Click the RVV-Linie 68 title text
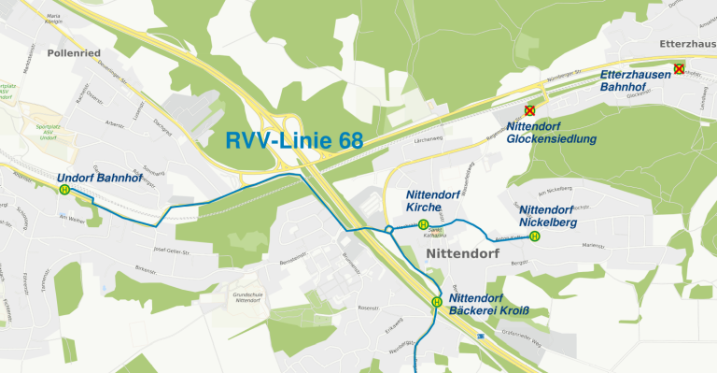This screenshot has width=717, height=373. pos(294,141)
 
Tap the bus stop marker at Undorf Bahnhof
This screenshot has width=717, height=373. pos(64,190)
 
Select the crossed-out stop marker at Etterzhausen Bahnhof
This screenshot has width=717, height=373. pos(679,68)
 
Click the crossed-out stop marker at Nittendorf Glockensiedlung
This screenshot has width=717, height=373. pos(529,110)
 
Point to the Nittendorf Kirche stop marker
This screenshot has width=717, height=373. pos(423,224)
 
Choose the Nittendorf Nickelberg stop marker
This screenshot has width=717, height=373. pos(534,237)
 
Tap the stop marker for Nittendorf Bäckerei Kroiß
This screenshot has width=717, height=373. pos(436,302)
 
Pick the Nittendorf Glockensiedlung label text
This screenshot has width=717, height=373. pos(551,132)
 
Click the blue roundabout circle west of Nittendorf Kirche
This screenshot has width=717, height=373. pos(388,229)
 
